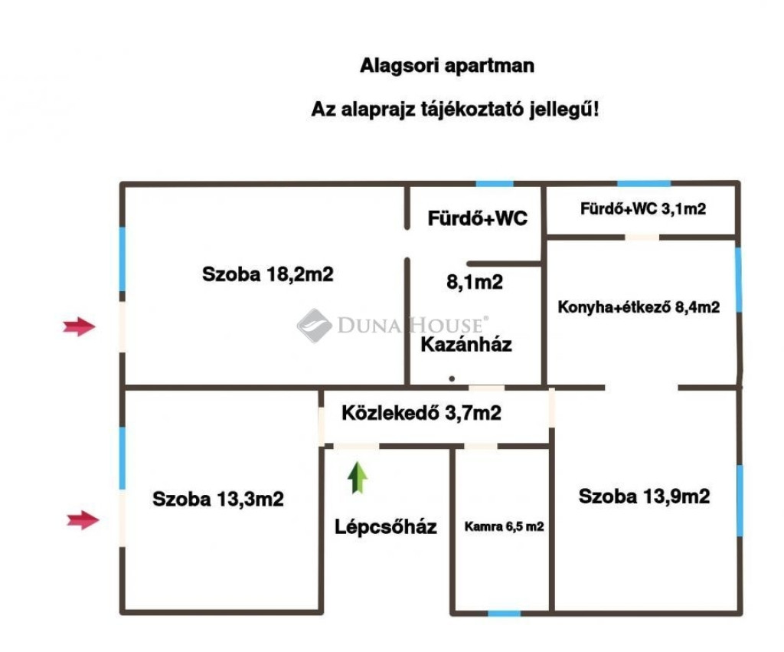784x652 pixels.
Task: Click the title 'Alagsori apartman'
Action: point(447,66)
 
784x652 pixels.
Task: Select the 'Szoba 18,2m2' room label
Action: point(268,274)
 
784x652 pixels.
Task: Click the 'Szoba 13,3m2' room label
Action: point(218,500)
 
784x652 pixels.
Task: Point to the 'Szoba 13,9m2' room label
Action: point(644,496)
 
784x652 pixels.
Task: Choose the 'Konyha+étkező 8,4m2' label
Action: point(639,307)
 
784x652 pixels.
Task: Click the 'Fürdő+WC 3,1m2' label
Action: point(643,209)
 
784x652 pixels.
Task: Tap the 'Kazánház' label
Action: point(466,344)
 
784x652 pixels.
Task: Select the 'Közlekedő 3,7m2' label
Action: point(421,414)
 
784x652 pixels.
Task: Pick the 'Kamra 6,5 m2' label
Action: point(505,526)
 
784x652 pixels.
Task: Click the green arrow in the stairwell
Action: point(358,477)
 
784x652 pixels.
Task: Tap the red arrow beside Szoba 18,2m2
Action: point(79,327)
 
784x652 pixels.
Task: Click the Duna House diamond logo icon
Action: point(314,326)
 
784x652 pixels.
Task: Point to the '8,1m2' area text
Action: point(475,282)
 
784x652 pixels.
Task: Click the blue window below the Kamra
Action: point(504,613)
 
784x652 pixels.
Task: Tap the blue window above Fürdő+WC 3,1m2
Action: point(643,184)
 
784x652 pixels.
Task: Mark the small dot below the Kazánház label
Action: point(452,378)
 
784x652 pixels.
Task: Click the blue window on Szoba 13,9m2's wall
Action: point(739,500)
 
